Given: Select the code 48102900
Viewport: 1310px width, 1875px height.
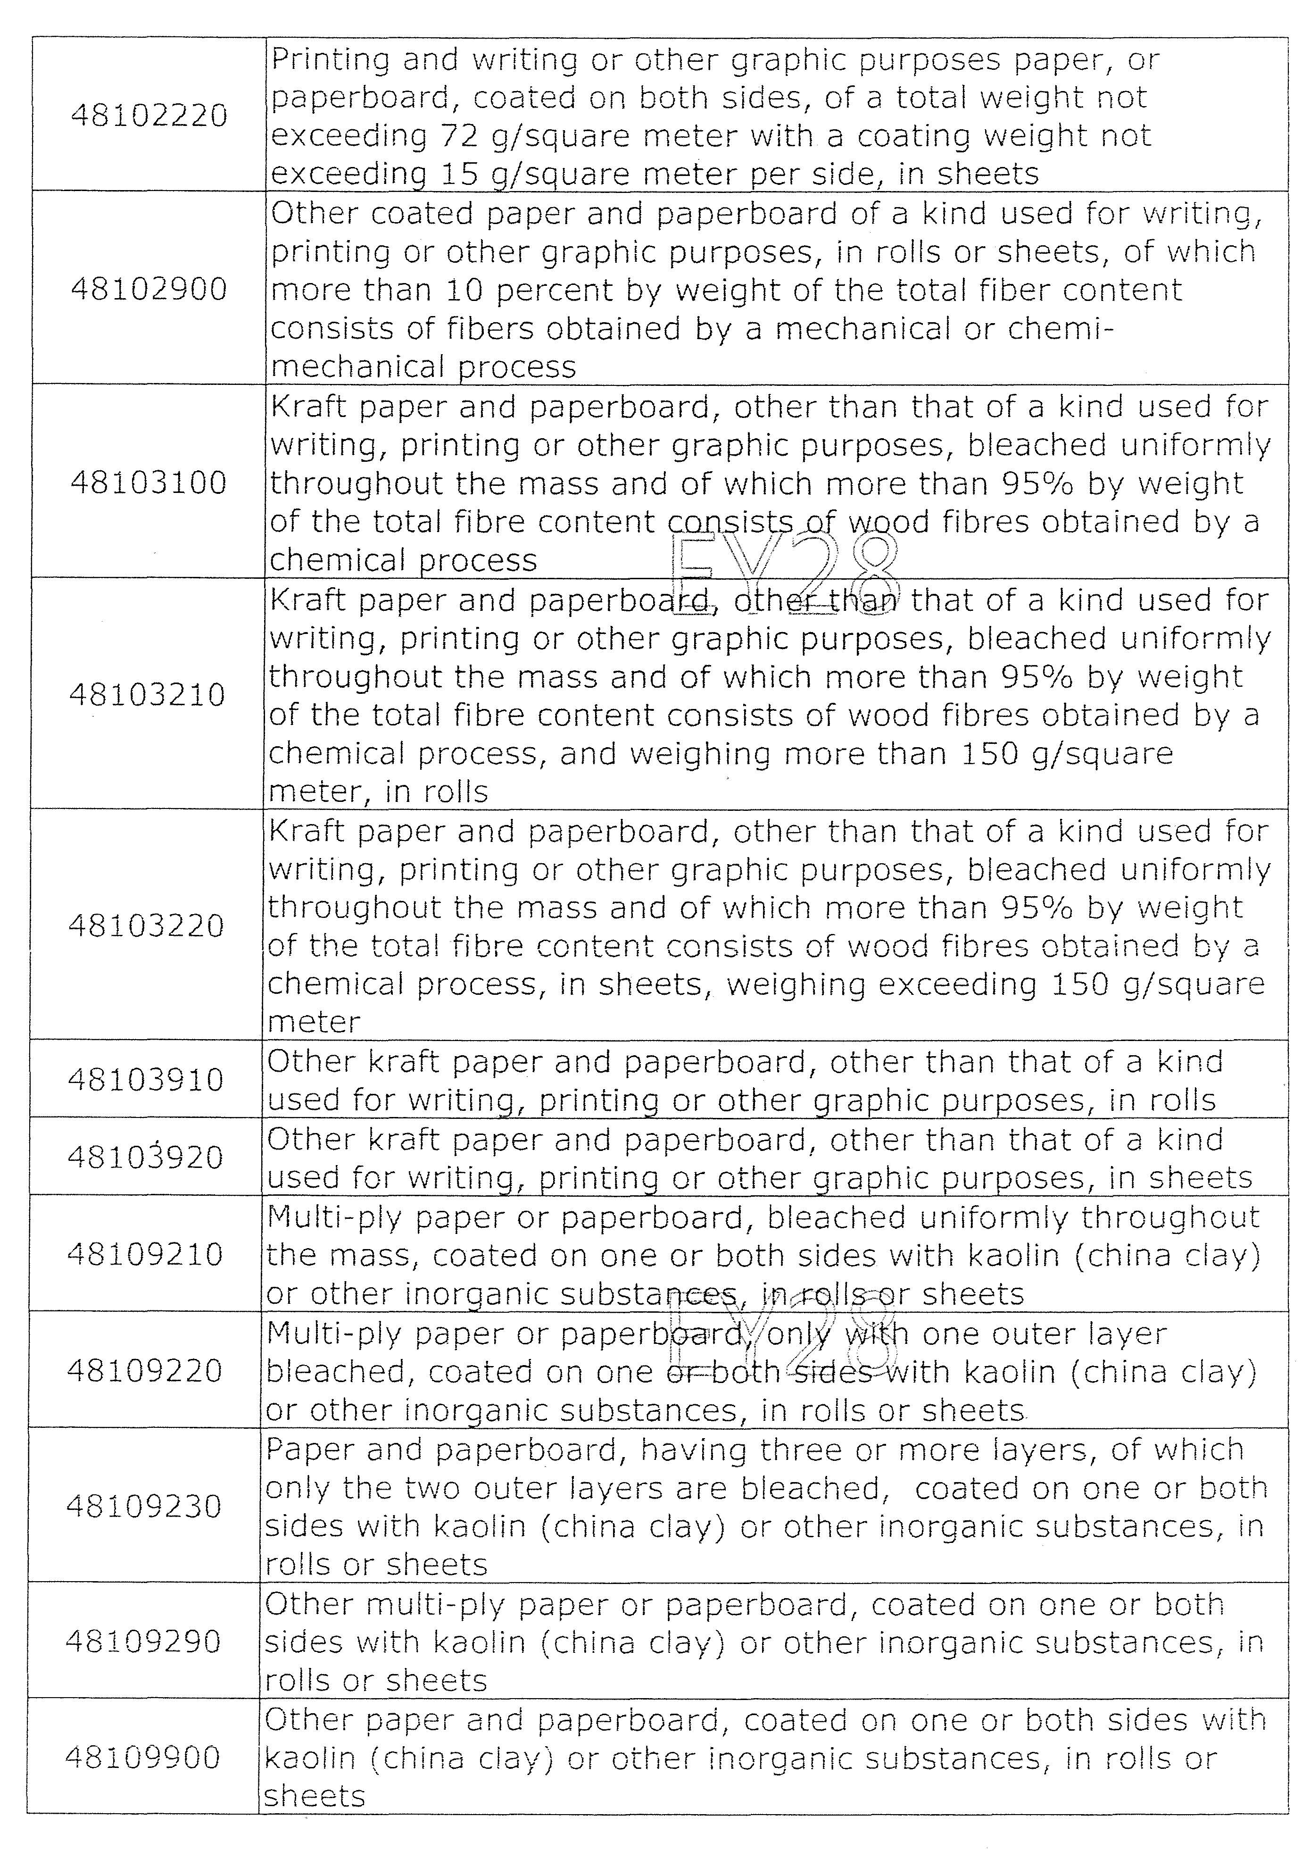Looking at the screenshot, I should pyautogui.click(x=149, y=289).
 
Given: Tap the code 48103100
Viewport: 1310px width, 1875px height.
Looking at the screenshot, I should pyautogui.click(x=149, y=483).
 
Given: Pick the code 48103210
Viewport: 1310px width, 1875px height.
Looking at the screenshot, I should pyautogui.click(x=147, y=695).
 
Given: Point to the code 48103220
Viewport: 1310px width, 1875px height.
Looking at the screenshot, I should pyautogui.click(x=146, y=926).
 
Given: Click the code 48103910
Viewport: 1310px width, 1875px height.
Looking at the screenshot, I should pyautogui.click(x=145, y=1080).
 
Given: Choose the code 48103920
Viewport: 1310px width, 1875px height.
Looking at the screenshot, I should pyautogui.click(x=145, y=1157).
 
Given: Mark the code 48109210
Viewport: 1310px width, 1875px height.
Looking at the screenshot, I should pyautogui.click(x=144, y=1254).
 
